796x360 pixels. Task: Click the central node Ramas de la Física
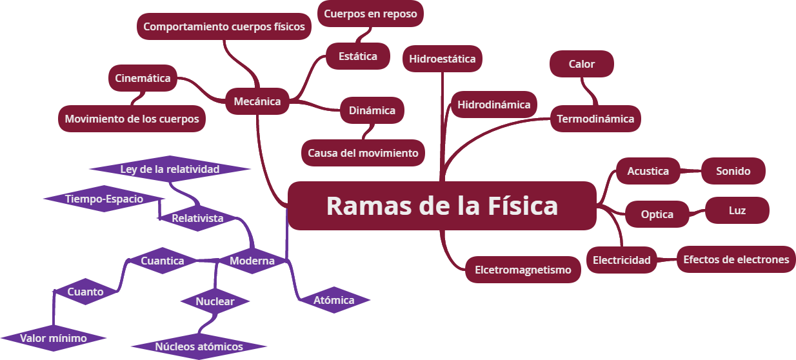click(442, 206)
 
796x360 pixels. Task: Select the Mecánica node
click(257, 101)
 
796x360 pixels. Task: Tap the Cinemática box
click(143, 78)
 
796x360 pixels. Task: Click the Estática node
click(358, 56)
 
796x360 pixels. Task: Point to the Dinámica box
click(372, 110)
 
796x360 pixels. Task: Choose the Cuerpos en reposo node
click(370, 14)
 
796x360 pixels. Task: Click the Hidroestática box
click(443, 59)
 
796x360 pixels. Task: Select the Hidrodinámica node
click(493, 105)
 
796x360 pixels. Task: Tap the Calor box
click(581, 64)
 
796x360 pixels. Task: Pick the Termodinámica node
click(595, 119)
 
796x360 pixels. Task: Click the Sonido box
click(733, 171)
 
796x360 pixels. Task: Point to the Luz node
click(737, 210)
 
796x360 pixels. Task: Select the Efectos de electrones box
click(736, 259)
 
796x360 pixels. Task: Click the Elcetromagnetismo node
click(523, 270)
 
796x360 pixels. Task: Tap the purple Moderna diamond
click(252, 261)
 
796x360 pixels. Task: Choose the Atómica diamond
click(333, 300)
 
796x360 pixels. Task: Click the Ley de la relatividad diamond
click(170, 169)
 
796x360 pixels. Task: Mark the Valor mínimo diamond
click(53, 338)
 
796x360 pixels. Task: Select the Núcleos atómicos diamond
click(199, 346)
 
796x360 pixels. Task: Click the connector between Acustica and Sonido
click(691, 172)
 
